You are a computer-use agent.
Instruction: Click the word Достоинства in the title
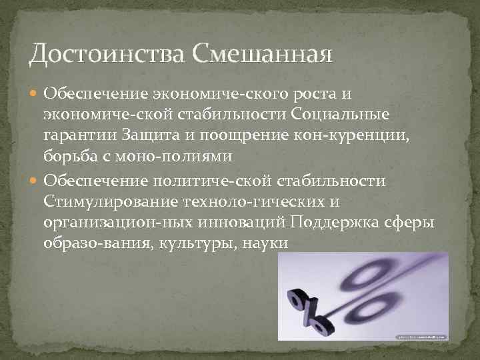(x=107, y=52)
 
